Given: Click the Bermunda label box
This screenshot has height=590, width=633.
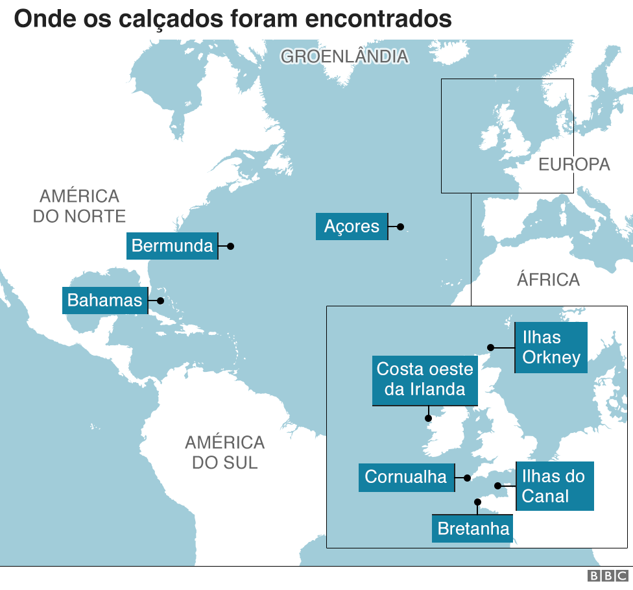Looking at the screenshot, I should pos(172,246).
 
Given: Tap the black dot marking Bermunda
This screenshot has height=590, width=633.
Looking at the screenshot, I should pos(230,247).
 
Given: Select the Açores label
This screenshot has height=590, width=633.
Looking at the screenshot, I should pos(352,227).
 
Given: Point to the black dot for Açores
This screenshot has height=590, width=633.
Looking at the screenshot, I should pos(400,227).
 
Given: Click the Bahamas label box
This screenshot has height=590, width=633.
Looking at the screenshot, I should pos(105,301).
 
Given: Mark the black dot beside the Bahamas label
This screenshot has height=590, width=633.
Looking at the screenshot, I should pos(160,301).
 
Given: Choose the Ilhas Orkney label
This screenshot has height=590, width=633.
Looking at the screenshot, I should pos(551,347).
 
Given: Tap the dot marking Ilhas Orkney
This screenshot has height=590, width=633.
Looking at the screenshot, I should pos(491,347).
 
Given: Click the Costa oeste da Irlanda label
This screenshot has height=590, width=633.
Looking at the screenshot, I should pos(425,380).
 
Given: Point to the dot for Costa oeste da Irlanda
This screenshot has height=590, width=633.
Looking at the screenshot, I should pos(428,418).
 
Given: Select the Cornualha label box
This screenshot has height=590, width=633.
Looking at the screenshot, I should pos(406,477).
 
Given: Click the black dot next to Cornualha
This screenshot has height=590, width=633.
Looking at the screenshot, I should pos(467,478).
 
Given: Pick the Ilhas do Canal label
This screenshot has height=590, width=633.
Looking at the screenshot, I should pos(554,486).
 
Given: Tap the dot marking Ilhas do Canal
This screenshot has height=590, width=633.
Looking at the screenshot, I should pos(497,486).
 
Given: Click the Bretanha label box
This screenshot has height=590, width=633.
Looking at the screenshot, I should pos(473,528).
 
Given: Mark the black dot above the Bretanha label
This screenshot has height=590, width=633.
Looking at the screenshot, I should pos(477,502).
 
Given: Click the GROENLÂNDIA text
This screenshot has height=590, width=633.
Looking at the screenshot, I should pos(344,56).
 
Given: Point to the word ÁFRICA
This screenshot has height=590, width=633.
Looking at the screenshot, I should pos(548,280).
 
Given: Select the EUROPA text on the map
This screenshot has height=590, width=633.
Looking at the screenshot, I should pos(574,164).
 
